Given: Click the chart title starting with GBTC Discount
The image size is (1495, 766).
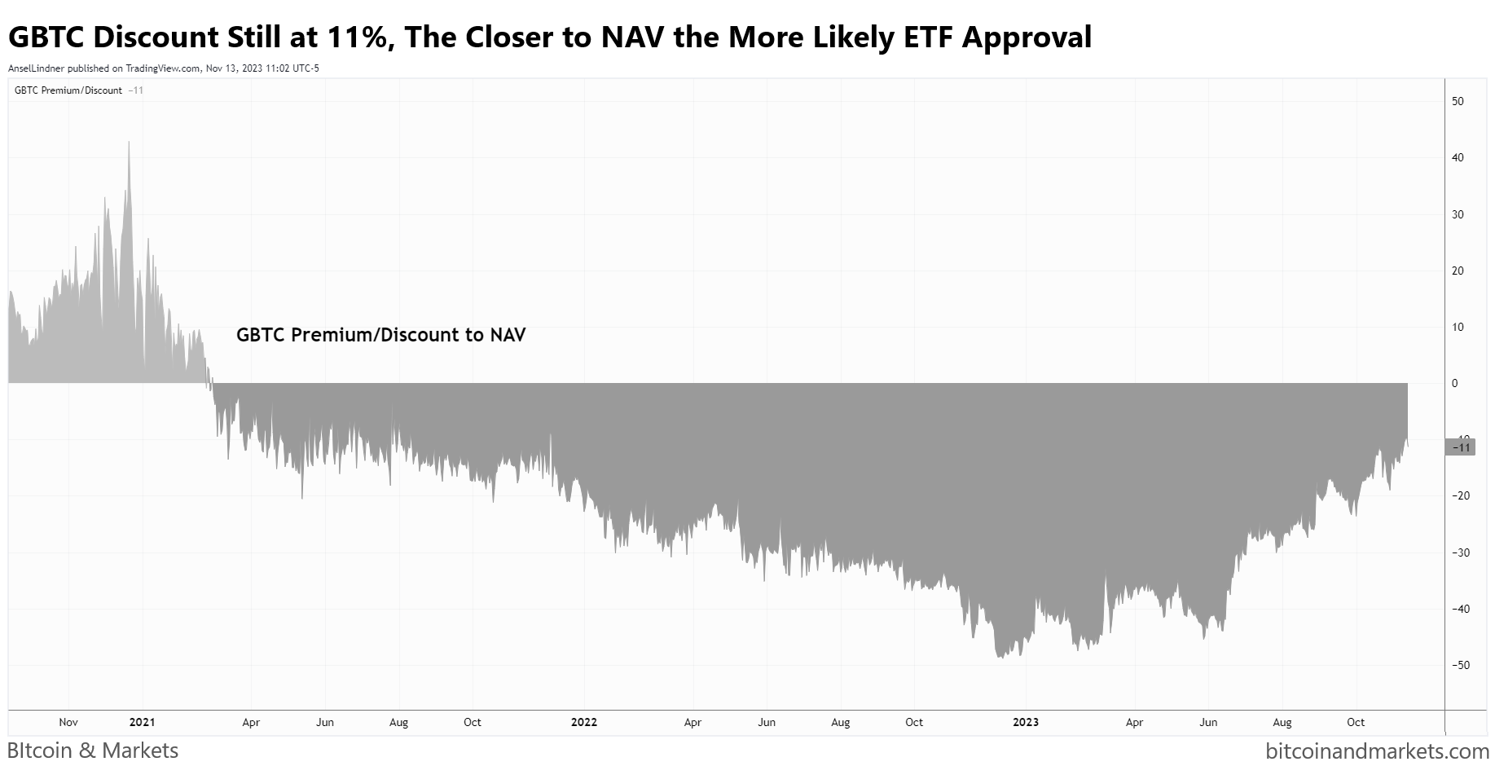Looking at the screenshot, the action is tap(550, 37).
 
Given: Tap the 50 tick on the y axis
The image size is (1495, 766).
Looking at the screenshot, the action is tap(1458, 101).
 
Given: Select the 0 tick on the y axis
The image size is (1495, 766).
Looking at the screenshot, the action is tap(1455, 383).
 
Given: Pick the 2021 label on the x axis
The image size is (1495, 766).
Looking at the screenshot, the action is tap(142, 722).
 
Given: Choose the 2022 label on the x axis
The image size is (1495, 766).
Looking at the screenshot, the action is tap(583, 722).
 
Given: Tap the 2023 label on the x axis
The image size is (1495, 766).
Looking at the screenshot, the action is tap(1025, 722).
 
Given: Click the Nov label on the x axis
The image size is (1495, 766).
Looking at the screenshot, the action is tap(68, 722).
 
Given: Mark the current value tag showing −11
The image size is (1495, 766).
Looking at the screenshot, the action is tap(1459, 447).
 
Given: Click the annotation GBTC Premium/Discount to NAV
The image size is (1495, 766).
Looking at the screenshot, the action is tap(380, 335).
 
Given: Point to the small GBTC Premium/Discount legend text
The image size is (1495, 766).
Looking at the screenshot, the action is tap(68, 90).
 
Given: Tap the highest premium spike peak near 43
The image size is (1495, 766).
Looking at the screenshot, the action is tap(129, 142).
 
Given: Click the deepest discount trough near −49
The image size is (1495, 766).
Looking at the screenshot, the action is tap(1000, 657).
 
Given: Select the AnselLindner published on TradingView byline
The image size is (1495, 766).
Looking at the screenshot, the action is tap(163, 68).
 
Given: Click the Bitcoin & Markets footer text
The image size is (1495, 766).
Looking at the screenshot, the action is tap(93, 751).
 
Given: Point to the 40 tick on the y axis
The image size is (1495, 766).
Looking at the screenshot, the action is tap(1458, 157).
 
